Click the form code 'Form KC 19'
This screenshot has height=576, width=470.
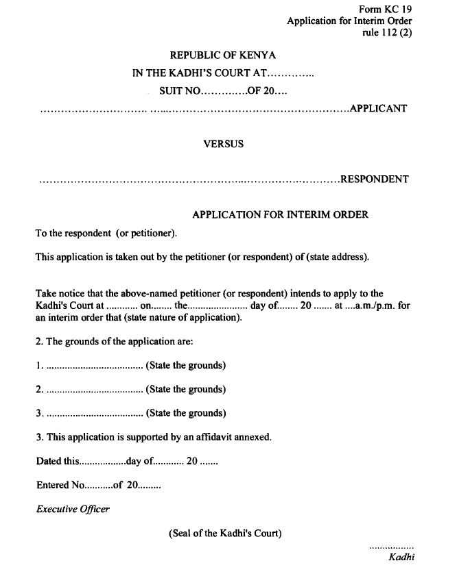(x=385, y=9)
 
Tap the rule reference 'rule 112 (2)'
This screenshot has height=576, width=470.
(x=387, y=33)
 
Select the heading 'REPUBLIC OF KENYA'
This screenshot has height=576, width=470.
(x=223, y=55)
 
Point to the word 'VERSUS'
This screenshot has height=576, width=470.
(x=223, y=145)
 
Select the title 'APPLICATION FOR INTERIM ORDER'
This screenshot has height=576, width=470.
(x=280, y=214)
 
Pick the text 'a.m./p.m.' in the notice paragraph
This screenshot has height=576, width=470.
(x=374, y=306)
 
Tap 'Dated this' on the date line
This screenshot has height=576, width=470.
(x=58, y=462)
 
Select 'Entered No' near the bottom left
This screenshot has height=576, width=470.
(x=60, y=485)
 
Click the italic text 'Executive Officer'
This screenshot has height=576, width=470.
(x=73, y=509)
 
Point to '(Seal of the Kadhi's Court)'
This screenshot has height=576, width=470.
(x=225, y=533)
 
